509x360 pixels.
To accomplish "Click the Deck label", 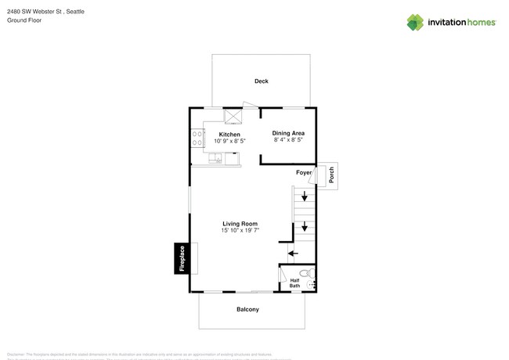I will coord(262,81).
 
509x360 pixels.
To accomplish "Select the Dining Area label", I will coord(288,134).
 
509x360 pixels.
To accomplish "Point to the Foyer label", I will coord(304,172).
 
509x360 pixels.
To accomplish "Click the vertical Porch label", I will coord(331,175).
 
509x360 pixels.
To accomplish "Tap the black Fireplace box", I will coord(182,258).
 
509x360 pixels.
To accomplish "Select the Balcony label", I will coord(248,309).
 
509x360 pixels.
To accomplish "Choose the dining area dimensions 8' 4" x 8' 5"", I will coord(288,141).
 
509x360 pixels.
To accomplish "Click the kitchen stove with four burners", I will coord(196,139).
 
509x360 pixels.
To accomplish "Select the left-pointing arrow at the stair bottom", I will coord(291,252).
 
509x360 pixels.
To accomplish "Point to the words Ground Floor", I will coord(23,20).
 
